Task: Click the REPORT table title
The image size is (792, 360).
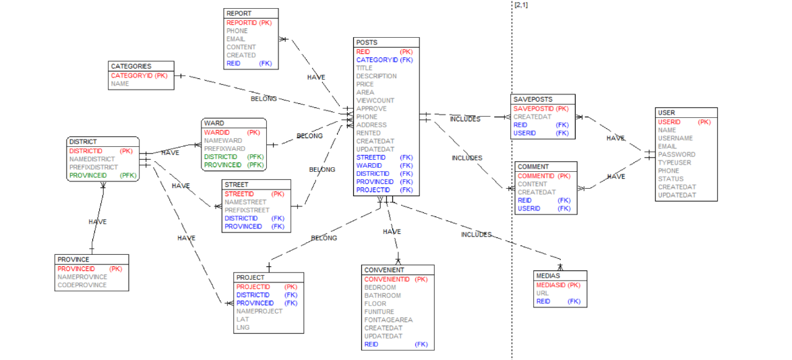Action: pos(240,13)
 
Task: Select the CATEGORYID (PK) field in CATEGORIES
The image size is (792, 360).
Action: pos(139,76)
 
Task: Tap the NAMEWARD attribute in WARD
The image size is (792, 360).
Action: pos(223,140)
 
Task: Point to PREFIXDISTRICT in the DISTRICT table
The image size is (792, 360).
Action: pos(93,167)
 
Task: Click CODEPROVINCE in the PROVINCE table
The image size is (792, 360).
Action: pos(82,285)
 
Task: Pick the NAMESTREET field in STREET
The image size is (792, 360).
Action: pos(245,202)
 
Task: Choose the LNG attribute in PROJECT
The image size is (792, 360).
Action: pos(243,328)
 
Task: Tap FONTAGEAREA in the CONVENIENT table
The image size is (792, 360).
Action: pos(388,320)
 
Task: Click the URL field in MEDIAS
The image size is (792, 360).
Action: pos(543,293)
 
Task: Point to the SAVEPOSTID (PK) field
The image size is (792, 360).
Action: pos(541,109)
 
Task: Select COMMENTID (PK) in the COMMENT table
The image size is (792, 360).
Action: pos(544,176)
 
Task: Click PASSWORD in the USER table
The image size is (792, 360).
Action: pos(677,154)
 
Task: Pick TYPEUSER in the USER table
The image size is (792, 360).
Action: pos(675,162)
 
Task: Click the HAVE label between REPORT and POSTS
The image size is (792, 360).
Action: pos(316,78)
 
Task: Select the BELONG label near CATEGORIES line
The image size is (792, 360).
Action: pos(264,99)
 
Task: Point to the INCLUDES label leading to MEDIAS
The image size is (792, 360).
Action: pos(476,235)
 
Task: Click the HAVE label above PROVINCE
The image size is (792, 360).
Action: pos(98,222)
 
